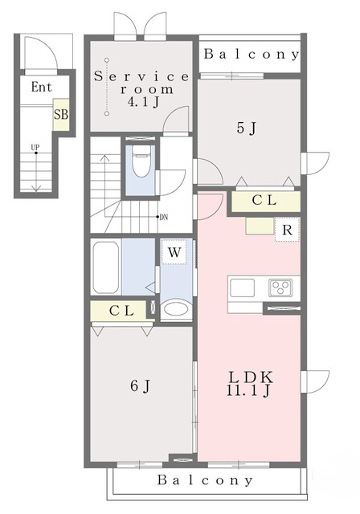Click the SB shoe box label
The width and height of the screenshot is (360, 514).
(x=61, y=115)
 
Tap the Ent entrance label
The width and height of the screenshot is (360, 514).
(x=42, y=88)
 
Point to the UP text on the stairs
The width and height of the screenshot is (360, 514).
(x=35, y=148)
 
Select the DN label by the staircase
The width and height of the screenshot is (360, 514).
(x=164, y=217)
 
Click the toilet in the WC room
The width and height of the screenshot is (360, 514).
(x=141, y=161)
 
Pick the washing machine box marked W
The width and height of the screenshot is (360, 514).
(x=174, y=251)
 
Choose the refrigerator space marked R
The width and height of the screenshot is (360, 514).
(x=287, y=230)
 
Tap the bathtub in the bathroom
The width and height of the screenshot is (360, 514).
(x=105, y=267)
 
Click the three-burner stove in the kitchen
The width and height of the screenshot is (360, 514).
(x=280, y=288)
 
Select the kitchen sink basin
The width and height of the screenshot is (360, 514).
(x=242, y=288)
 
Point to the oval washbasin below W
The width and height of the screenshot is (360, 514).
(x=176, y=308)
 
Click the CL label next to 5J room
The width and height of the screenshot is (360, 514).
(x=264, y=200)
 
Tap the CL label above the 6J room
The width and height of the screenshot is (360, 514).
(x=121, y=311)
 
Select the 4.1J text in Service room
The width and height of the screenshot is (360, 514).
(x=143, y=102)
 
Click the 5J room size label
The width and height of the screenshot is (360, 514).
(x=246, y=128)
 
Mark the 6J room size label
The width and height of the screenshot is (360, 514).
(x=140, y=385)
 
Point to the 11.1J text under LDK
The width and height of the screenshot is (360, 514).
(x=248, y=390)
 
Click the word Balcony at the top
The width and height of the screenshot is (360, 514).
(x=252, y=54)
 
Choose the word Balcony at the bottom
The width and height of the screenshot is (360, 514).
(x=205, y=480)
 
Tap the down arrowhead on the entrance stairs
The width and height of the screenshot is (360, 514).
(x=36, y=189)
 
